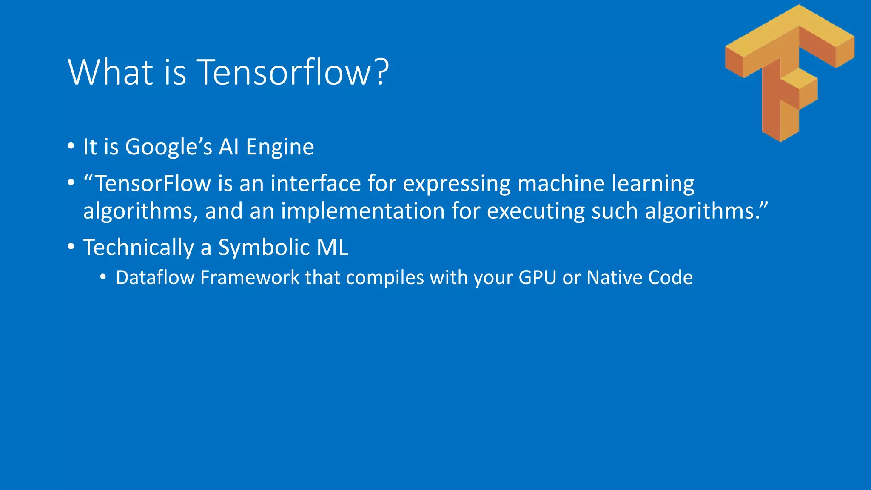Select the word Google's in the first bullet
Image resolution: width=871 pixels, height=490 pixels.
168,147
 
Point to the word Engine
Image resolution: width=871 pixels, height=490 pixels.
280,147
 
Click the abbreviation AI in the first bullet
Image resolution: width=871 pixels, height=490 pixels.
229,147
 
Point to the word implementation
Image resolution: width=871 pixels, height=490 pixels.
363,211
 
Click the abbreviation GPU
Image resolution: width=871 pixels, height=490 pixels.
538,278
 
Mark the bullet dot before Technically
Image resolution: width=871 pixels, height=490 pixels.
71,247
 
